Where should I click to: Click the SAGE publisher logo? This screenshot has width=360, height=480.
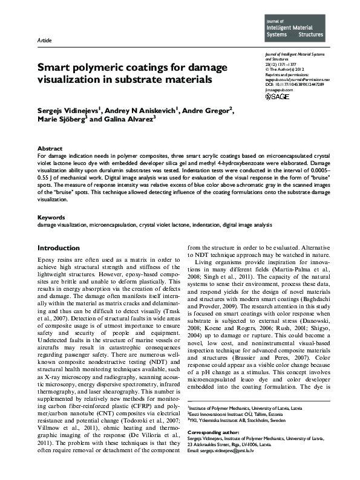[x=277, y=96]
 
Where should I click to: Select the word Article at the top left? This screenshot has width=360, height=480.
[x=44, y=41]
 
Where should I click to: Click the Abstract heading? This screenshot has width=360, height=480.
[x=50, y=148]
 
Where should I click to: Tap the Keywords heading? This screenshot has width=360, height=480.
[x=51, y=216]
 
